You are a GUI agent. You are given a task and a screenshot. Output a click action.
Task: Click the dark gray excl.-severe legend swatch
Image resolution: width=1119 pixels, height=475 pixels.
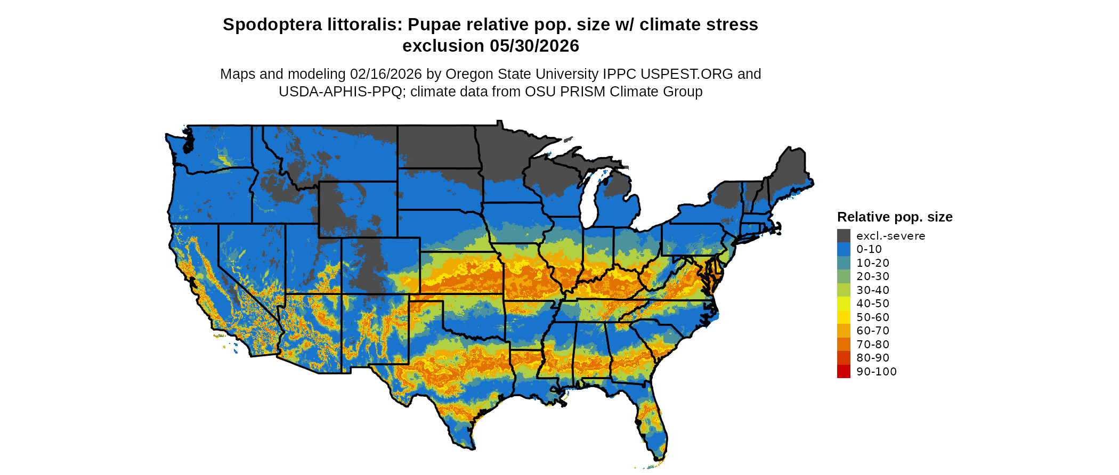[x=844, y=236]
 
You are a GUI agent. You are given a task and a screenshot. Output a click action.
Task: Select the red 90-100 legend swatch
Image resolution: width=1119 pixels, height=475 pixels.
[x=844, y=372]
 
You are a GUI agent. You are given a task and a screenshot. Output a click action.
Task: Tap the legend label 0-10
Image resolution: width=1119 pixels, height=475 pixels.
[x=869, y=249]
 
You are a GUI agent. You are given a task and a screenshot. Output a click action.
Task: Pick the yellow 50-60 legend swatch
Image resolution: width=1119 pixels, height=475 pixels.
[x=844, y=317]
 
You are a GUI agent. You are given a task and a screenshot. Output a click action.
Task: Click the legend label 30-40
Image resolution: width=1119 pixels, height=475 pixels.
[x=873, y=290]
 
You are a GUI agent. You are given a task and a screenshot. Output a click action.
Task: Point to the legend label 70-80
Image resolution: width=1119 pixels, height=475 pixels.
[x=873, y=345]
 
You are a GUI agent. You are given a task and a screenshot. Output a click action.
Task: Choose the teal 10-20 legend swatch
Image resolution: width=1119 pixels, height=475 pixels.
[x=844, y=263]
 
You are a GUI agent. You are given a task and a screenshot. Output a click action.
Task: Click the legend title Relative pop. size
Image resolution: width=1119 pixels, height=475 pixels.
[x=895, y=217]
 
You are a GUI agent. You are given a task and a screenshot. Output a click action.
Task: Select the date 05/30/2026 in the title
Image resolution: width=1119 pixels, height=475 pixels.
[x=534, y=46]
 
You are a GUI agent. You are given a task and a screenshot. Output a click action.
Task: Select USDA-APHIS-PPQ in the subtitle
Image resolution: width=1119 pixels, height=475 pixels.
[x=340, y=92]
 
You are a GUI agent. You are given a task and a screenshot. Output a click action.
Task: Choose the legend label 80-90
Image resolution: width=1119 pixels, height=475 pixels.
[x=873, y=358]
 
